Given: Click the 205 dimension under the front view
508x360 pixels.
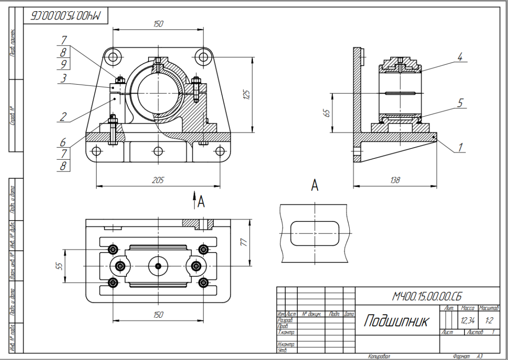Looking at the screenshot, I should pos(158,180).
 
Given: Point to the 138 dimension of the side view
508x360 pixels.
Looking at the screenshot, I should pos(395,180).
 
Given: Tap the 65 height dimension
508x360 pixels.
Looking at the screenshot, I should pos(328,112).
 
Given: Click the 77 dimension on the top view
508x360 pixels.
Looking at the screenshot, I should pos(243,242).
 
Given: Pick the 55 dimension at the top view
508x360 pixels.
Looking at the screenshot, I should pos(58,266).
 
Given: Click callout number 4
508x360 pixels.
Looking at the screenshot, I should pos(460,57).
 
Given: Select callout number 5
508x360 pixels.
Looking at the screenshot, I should pos(460,103).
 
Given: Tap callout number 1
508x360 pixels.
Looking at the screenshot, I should pos(460,147).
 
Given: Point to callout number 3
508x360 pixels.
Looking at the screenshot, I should pos(64,79).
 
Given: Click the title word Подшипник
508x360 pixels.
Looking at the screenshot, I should pos(396,321).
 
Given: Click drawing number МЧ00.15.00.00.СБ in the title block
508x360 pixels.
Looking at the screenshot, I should pos(427,296).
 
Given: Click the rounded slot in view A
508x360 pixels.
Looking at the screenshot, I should pos(315,233).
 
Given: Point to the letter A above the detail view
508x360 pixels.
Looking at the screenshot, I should pos(315,185).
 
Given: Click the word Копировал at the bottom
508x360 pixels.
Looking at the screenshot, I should pos(379,356).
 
